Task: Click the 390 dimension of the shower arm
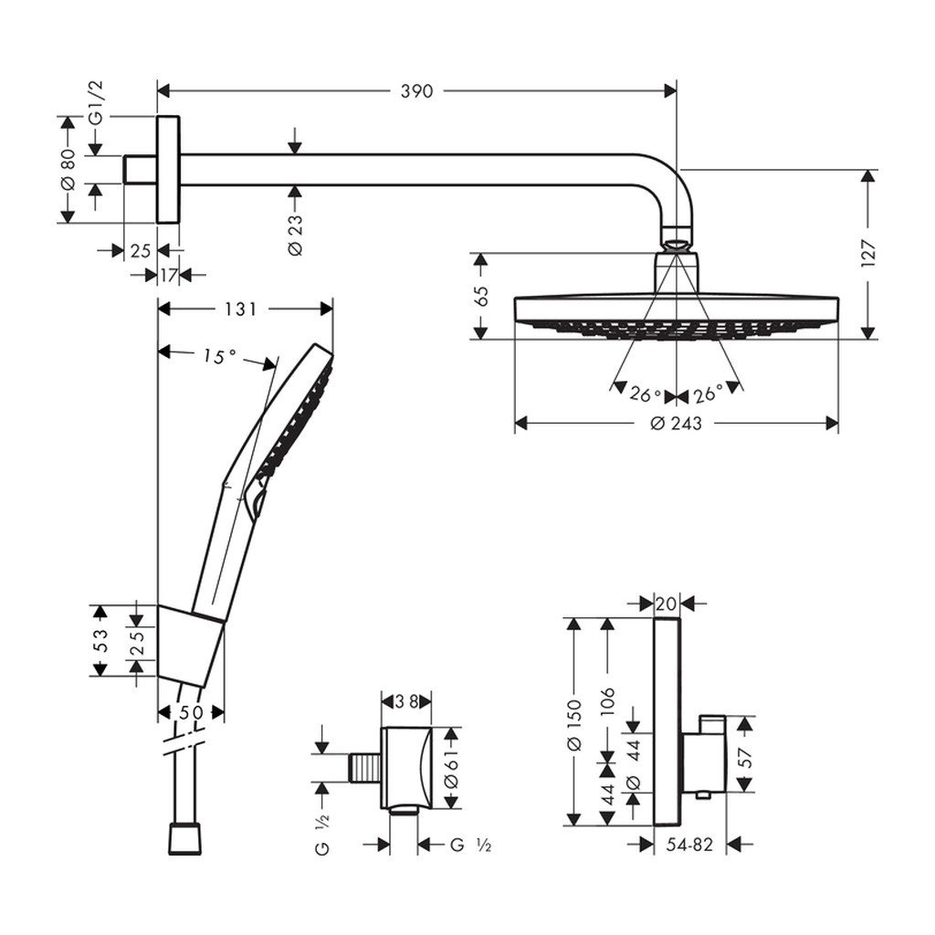417,90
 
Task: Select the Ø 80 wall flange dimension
67,170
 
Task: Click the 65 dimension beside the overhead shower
482,294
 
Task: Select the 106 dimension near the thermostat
608,703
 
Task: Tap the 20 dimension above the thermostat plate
667,604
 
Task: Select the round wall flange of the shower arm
169,169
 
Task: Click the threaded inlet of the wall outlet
365,767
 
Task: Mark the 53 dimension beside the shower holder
100,639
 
